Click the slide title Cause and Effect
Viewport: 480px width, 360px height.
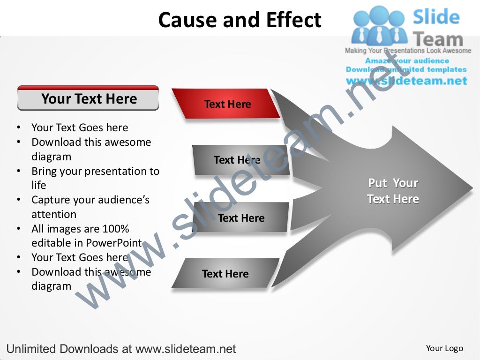click(240, 20)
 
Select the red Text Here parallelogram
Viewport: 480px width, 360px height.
click(227, 104)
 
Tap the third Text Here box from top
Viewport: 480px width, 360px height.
click(240, 217)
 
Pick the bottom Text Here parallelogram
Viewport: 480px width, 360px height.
click(225, 273)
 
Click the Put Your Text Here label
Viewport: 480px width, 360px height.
click(393, 191)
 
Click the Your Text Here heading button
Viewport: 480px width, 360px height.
click(88, 99)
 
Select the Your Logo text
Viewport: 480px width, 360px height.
click(444, 348)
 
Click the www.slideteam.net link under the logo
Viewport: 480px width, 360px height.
click(406, 81)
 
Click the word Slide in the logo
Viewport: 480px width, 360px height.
click(435, 17)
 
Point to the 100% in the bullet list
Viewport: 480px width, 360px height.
click(114, 229)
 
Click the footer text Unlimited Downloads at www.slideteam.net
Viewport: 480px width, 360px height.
click(121, 349)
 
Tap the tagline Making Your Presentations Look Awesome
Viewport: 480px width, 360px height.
click(408, 51)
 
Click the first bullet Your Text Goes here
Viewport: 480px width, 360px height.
click(79, 127)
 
